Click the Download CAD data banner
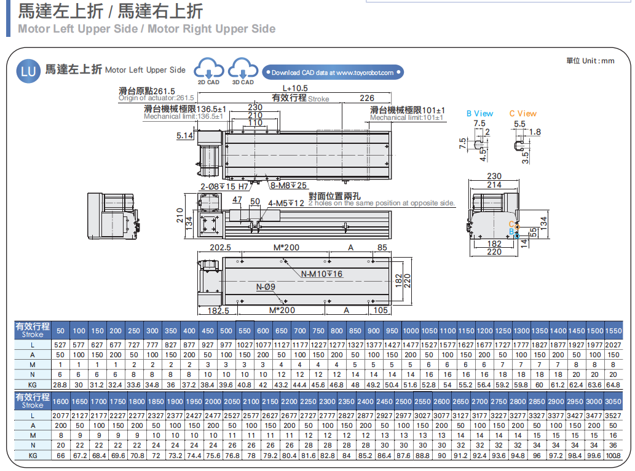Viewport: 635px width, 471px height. click(x=333, y=73)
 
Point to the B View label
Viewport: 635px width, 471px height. click(x=479, y=113)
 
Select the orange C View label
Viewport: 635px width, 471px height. click(x=523, y=113)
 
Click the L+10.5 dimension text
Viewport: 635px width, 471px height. click(x=295, y=89)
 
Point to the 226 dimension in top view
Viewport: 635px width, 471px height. click(x=366, y=98)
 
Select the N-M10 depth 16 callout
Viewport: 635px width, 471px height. click(x=322, y=274)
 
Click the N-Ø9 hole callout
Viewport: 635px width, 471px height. click(x=266, y=287)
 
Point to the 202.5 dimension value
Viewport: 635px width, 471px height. click(x=219, y=247)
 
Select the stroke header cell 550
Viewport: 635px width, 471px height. click(x=245, y=331)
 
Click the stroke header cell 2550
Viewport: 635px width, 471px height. click(x=422, y=401)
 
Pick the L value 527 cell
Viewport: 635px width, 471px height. click(x=60, y=344)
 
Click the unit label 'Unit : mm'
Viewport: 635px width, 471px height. click(x=590, y=60)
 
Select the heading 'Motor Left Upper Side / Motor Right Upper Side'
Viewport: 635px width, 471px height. click(x=147, y=28)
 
